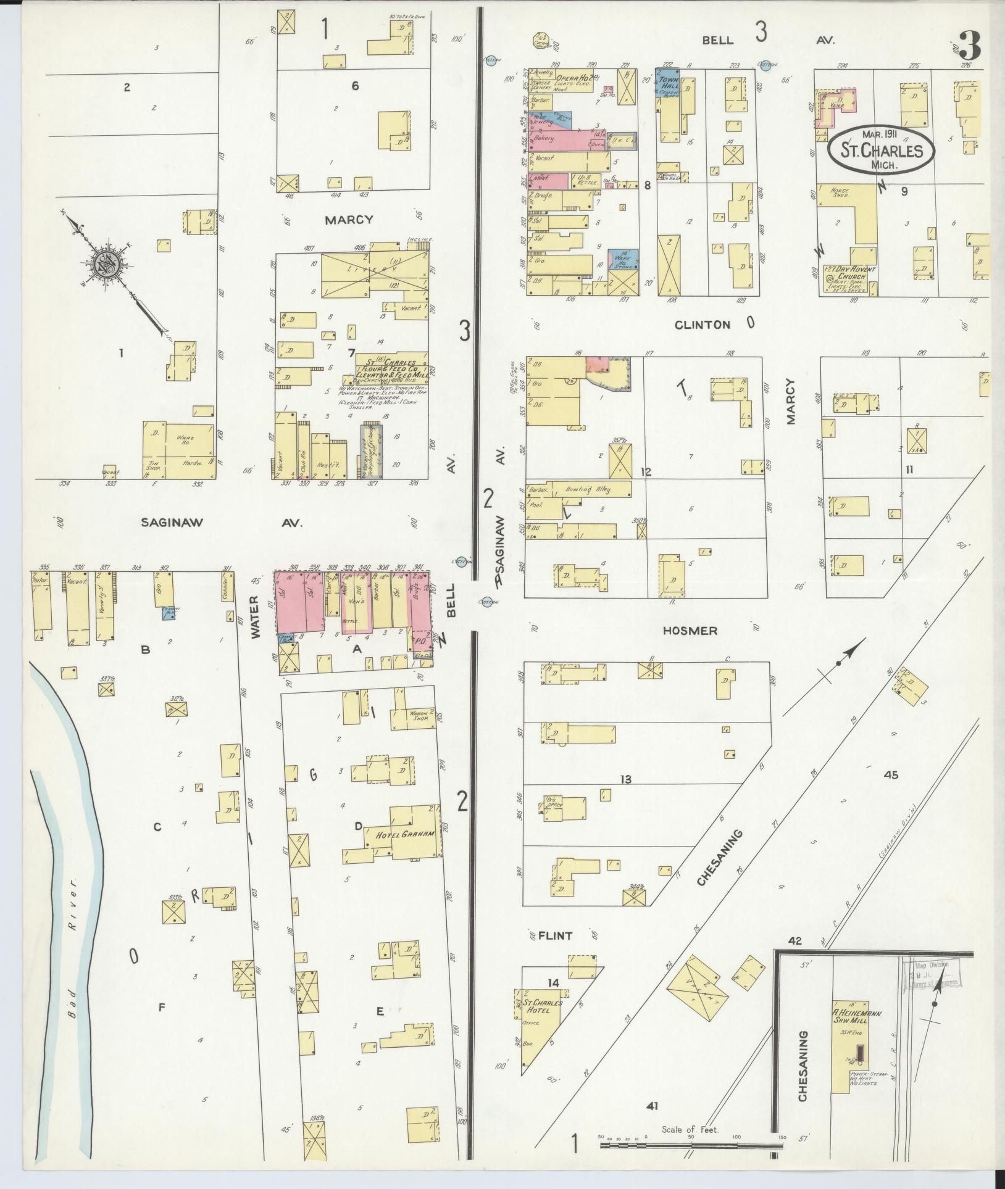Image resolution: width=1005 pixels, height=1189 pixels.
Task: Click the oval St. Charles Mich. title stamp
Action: click(x=880, y=151)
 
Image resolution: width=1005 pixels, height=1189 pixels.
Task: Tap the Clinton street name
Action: click(x=703, y=325)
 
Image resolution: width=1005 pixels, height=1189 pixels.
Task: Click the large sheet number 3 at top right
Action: click(x=970, y=43)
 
